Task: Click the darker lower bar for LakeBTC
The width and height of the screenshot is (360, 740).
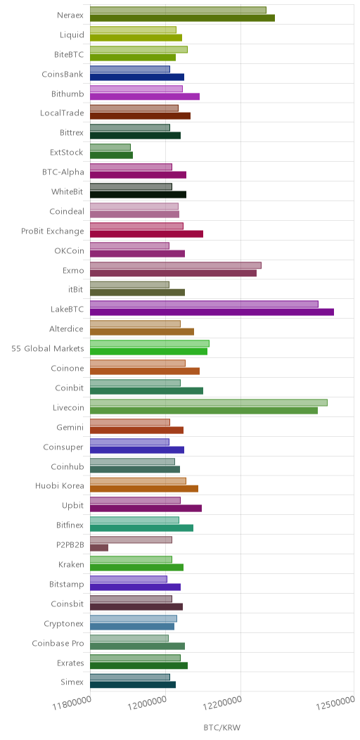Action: [x=212, y=312]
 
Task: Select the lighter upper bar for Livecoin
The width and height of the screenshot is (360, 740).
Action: [x=209, y=402]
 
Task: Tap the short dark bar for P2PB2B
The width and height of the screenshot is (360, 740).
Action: [x=99, y=547]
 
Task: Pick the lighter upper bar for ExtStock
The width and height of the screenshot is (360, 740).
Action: [x=110, y=147]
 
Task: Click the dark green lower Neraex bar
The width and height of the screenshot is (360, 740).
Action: [x=183, y=18]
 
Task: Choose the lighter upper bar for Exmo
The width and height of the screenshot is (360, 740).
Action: [x=176, y=265]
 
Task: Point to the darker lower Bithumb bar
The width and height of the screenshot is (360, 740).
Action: [x=145, y=96]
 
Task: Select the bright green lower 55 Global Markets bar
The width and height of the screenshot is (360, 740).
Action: [x=148, y=351]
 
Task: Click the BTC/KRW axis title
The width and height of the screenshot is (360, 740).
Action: [x=221, y=727]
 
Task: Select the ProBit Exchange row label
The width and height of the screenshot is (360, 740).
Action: [x=52, y=231]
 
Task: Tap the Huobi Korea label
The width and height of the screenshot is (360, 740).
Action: [x=60, y=485]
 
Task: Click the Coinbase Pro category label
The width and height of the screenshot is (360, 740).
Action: [x=58, y=643]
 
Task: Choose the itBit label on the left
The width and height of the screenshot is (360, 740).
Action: [x=76, y=291]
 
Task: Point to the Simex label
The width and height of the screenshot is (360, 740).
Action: [x=72, y=682]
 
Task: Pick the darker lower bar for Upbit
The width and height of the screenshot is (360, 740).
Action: [x=146, y=509]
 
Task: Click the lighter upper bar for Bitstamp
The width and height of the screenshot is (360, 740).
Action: [x=129, y=579]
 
